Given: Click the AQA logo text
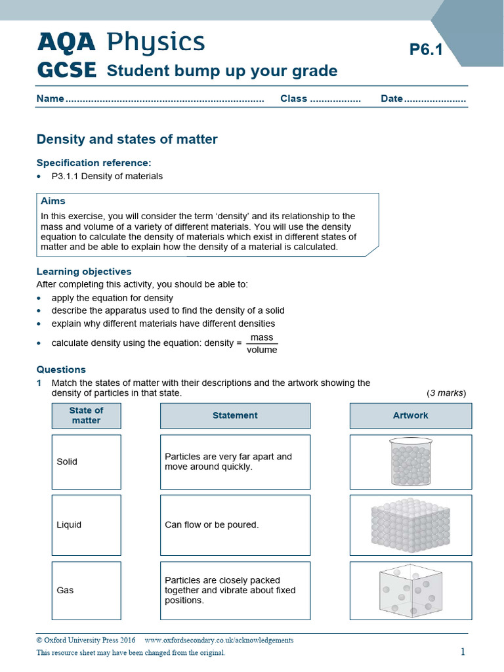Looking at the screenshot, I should pyautogui.click(x=66, y=43).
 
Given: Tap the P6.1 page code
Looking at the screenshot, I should pyautogui.click(x=426, y=49).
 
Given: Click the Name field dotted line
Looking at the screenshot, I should pyautogui.click(x=164, y=99).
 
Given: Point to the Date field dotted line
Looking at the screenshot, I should pyautogui.click(x=434, y=99).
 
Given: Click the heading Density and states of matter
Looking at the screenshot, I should pyautogui.click(x=127, y=139).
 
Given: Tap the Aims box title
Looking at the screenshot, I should pyautogui.click(x=53, y=201).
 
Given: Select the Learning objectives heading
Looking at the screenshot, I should pyautogui.click(x=83, y=271).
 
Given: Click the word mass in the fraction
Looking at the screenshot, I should pyautogui.click(x=262, y=337).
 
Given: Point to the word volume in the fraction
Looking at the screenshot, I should pyautogui.click(x=262, y=350).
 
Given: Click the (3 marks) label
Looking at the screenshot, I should pyautogui.click(x=446, y=392).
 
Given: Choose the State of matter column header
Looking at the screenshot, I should pyautogui.click(x=86, y=415).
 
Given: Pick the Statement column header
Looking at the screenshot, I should pyautogui.click(x=235, y=415).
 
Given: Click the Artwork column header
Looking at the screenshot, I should pyautogui.click(x=410, y=415).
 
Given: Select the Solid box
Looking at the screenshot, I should pyautogui.click(x=86, y=461).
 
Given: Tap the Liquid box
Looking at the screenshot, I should pyautogui.click(x=86, y=524).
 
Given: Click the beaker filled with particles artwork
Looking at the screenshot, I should pyautogui.click(x=410, y=461).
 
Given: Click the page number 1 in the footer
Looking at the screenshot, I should pyautogui.click(x=463, y=651).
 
